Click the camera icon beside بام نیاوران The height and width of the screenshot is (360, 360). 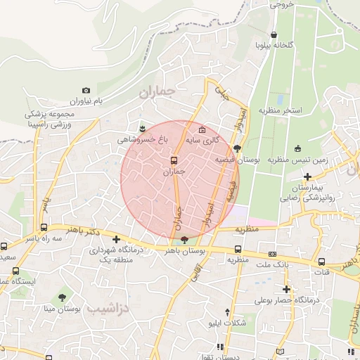coord(86,91)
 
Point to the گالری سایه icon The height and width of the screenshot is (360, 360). coord(202,129)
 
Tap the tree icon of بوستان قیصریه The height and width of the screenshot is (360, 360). coord(236,148)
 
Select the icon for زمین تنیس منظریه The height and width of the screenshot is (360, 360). coord(297,148)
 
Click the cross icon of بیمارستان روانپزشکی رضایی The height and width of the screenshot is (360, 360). coord(307,176)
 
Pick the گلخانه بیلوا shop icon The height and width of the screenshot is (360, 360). coord(274,34)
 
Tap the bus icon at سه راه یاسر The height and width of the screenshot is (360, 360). coord(44,227)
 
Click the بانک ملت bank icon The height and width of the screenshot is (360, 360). coord(272,254)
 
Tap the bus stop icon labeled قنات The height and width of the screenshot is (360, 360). coord(321,261)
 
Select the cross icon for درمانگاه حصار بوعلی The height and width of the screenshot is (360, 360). coord(285,289)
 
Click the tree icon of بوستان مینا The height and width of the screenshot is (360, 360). coord(63,297)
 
